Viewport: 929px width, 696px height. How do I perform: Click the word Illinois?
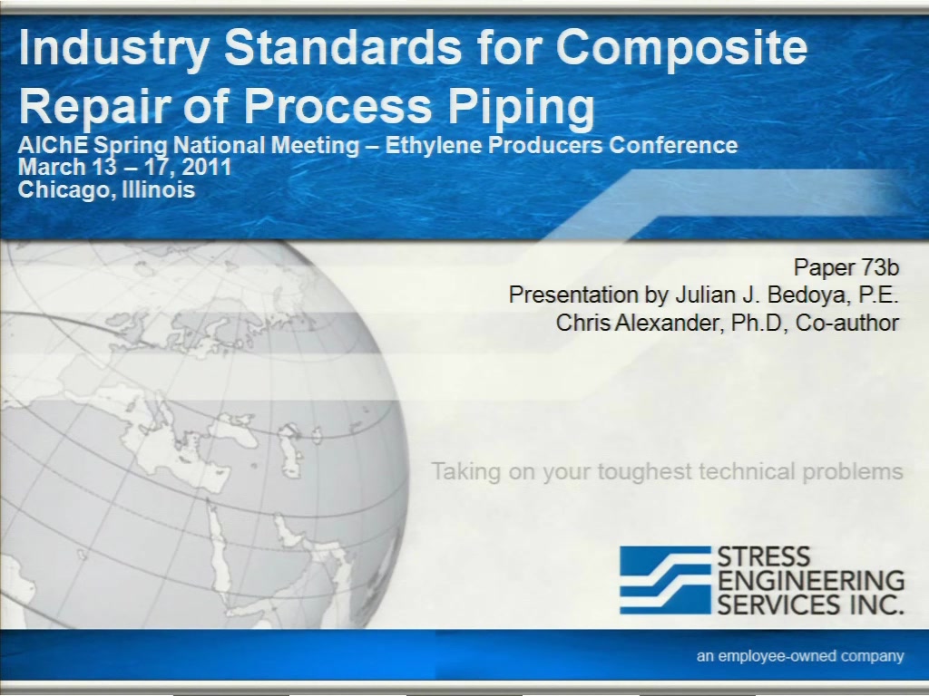click(x=159, y=189)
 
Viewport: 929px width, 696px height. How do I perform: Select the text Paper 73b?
click(x=846, y=267)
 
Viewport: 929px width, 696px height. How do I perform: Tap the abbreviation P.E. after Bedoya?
click(x=879, y=295)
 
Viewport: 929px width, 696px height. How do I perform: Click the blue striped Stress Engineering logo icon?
click(x=665, y=580)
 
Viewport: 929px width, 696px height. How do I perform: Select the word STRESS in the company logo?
click(x=764, y=556)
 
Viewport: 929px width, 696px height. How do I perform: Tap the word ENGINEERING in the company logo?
click(x=811, y=581)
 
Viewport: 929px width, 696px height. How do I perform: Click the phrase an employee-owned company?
click(x=800, y=656)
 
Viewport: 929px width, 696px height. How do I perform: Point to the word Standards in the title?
click(x=342, y=47)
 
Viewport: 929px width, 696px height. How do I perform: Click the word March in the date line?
click(x=52, y=167)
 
